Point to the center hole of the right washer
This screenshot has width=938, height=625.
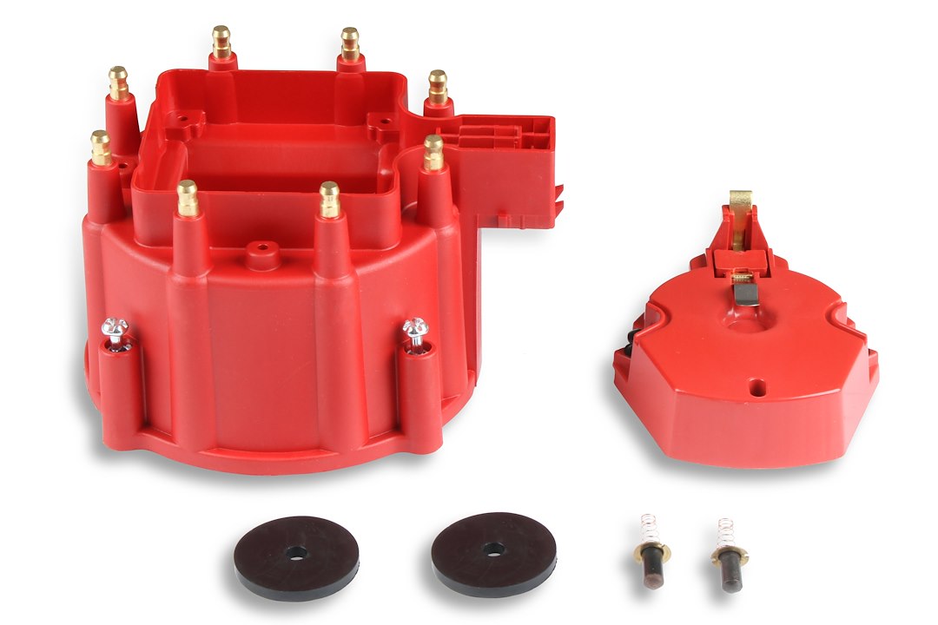494,548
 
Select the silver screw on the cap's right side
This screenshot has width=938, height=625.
415,330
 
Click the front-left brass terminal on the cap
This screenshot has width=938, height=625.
188,198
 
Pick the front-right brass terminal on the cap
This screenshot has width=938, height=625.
329,199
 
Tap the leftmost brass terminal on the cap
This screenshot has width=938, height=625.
101,148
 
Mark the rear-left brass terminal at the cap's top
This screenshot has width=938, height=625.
221,42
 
